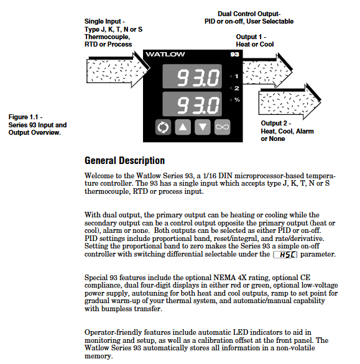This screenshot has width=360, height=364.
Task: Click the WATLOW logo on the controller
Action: point(165,54)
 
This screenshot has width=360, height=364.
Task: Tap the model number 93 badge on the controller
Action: point(235,54)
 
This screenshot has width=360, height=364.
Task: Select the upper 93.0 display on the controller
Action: point(192,76)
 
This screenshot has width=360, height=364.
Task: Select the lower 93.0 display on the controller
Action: point(192,104)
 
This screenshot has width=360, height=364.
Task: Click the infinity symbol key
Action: point(223,127)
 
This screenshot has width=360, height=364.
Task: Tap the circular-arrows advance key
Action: point(163,127)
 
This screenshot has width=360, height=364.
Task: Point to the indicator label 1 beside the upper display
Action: point(237,76)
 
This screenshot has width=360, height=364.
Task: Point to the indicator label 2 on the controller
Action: point(237,88)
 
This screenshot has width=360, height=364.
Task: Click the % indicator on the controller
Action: point(237,100)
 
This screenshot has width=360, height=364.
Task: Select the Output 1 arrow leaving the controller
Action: point(267,70)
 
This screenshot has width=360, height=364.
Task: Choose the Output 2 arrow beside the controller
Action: point(290,101)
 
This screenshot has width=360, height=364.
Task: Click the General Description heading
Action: point(124,161)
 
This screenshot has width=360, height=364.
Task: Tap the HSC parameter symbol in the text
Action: point(285,255)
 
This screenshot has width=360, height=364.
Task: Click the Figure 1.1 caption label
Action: point(37,125)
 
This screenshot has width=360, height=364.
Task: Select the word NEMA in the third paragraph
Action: point(224,278)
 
